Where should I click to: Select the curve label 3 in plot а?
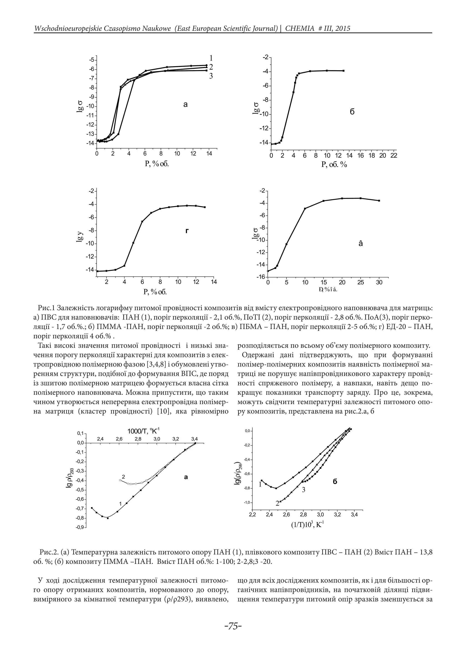[x=211, y=76]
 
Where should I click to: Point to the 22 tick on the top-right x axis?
[x=394, y=156]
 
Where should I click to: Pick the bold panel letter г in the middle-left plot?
[x=187, y=231]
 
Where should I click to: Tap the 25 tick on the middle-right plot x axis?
[x=360, y=283]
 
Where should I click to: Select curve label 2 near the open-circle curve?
[x=123, y=477]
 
